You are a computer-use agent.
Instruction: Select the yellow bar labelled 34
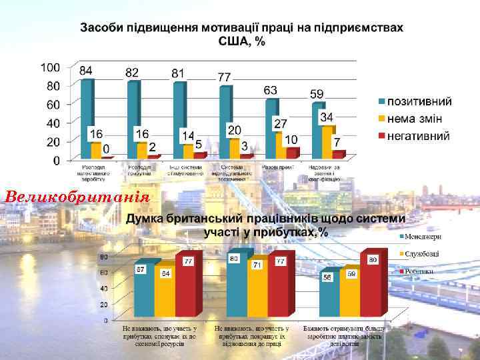[x=326, y=141]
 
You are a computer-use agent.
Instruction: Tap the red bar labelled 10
[x=291, y=153]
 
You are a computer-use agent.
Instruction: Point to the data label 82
[x=132, y=71]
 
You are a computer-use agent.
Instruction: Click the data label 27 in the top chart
[x=281, y=124]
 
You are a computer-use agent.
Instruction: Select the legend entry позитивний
[x=420, y=101]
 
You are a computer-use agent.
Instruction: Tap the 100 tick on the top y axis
[x=50, y=67]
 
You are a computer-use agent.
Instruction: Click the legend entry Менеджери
[x=423, y=236]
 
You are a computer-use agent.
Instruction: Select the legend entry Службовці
[x=423, y=254]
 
